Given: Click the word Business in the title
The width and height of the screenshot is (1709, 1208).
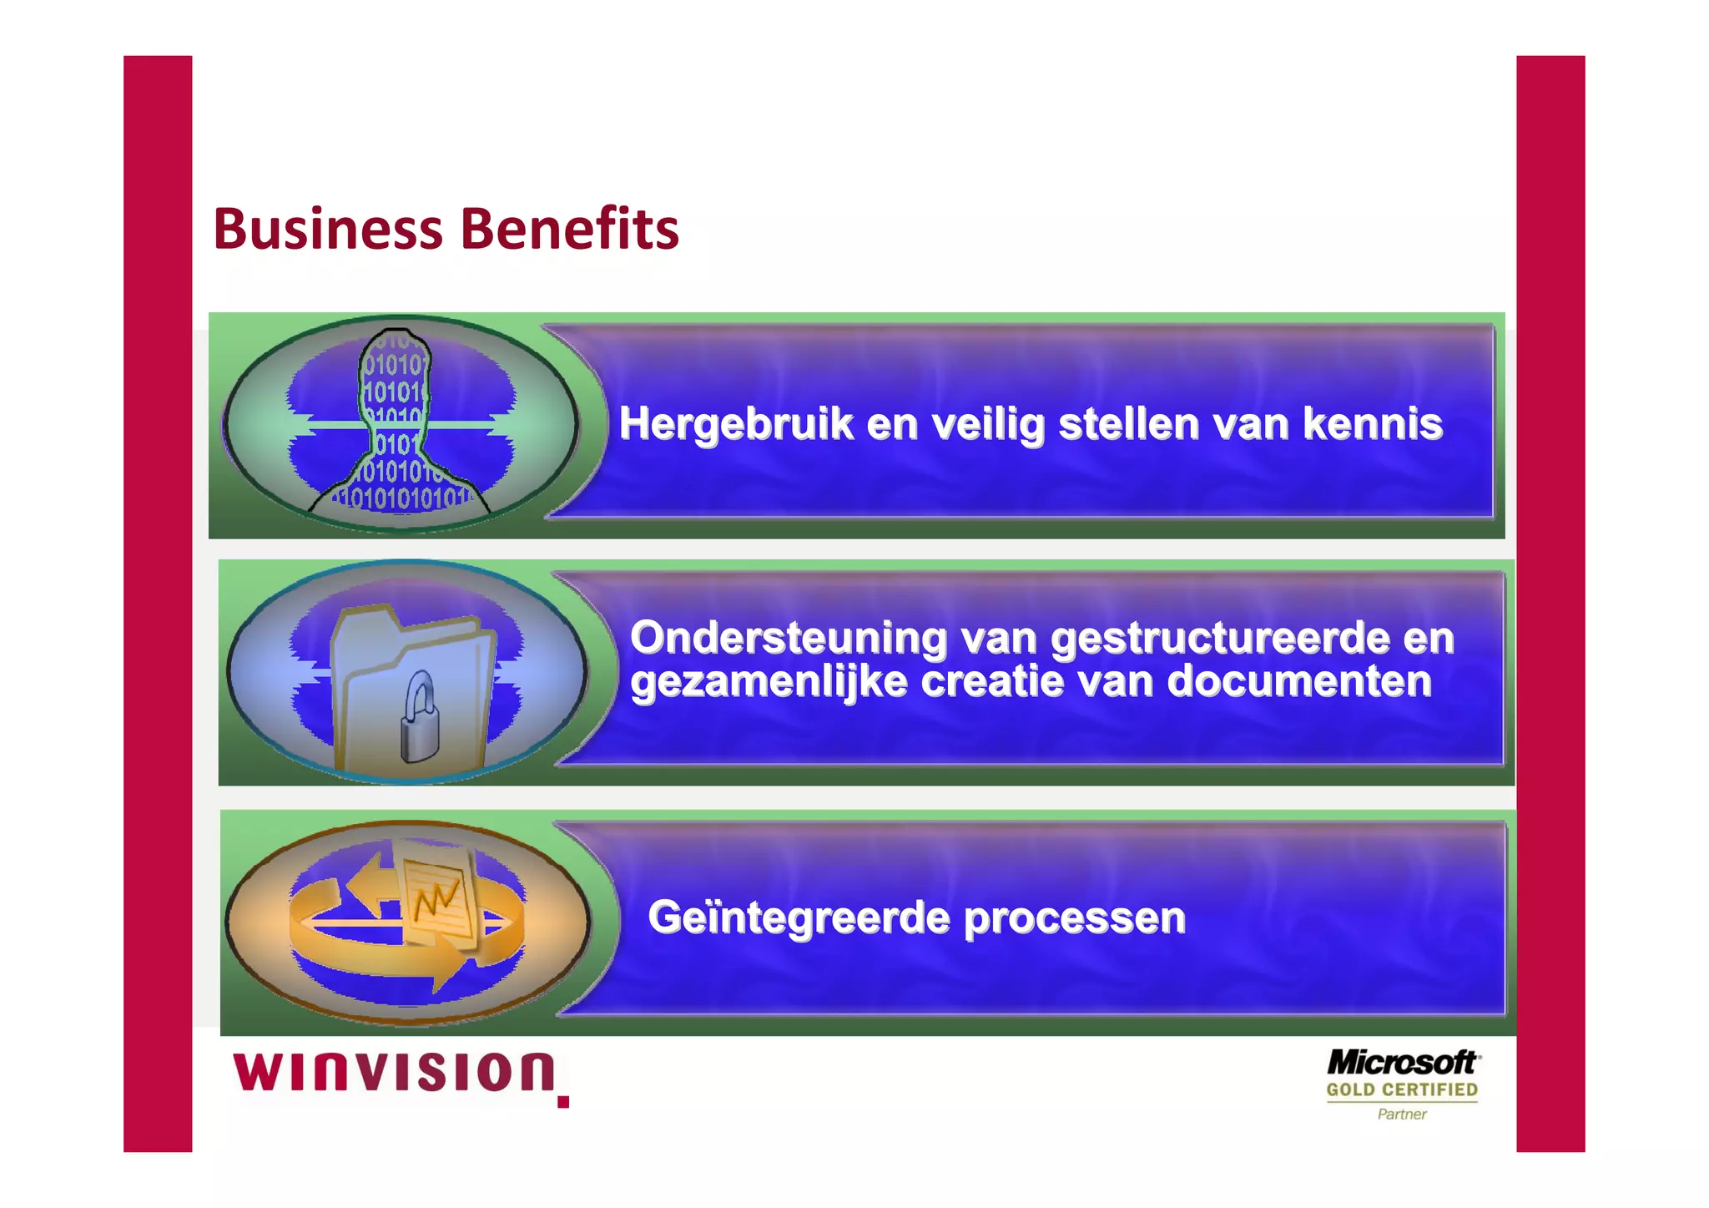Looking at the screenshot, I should click(x=327, y=229).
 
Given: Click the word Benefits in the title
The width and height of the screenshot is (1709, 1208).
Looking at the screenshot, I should click(x=570, y=229).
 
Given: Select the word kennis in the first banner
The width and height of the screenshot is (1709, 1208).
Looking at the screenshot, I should click(x=1373, y=423).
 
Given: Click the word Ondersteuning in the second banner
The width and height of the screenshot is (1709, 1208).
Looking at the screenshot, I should click(x=789, y=639).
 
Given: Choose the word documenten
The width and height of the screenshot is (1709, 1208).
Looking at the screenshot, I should click(x=1299, y=681).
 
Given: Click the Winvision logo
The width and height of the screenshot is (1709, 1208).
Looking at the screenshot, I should click(x=394, y=1074).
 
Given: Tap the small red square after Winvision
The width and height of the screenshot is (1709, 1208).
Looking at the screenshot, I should click(x=563, y=1102).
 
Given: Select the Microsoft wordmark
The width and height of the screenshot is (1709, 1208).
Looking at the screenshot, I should click(x=1402, y=1064).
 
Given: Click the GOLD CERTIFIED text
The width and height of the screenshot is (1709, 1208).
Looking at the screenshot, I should click(x=1402, y=1090).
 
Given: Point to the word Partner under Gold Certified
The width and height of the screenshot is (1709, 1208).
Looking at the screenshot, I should click(x=1402, y=1114).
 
